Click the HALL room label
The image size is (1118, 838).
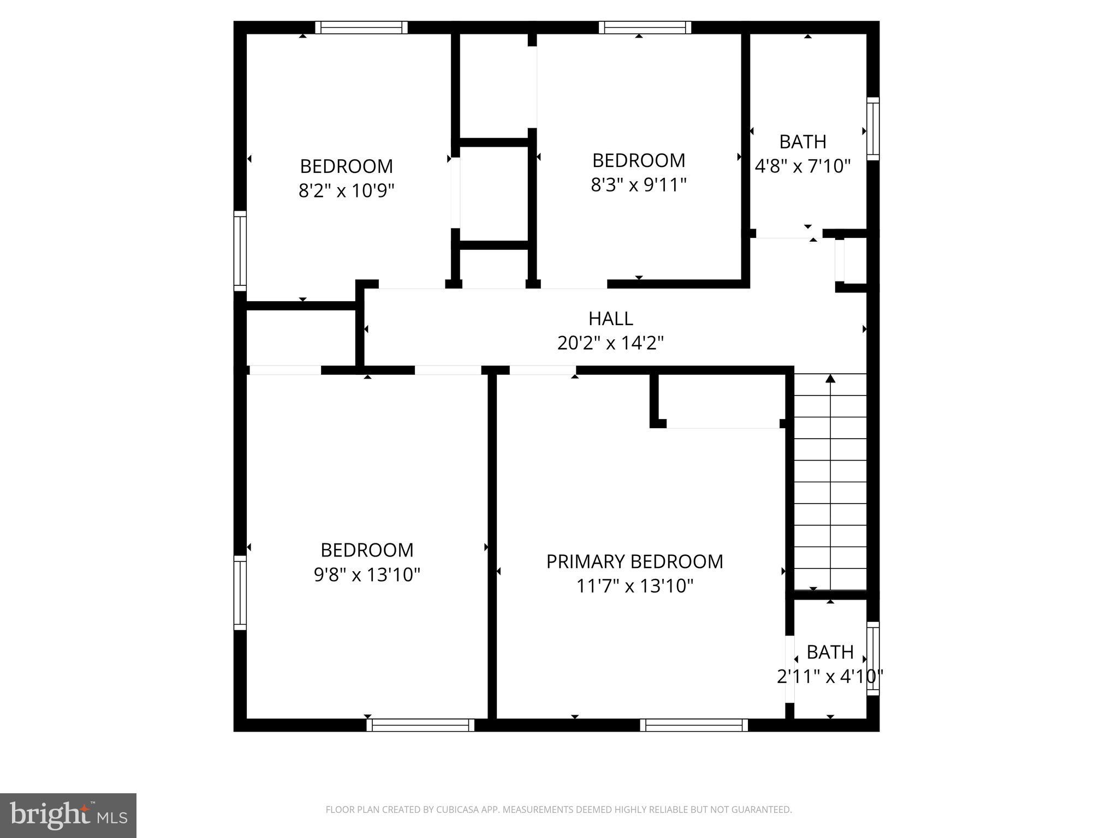610,318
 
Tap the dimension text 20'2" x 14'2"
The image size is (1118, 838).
610,343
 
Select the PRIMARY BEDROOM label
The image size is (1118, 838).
634,561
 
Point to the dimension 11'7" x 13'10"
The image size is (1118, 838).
634,586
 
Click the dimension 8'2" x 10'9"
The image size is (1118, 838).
346,191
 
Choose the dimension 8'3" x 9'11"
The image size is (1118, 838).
638,185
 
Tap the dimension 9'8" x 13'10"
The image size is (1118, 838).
367,575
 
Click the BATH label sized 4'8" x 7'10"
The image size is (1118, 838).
802,142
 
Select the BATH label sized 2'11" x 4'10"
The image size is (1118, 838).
830,652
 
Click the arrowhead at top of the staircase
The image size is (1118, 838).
830,378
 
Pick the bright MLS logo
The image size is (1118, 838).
68,816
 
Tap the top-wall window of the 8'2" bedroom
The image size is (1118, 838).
361,27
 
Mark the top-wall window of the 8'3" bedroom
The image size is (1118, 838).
645,27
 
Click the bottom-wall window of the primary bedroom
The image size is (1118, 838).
694,725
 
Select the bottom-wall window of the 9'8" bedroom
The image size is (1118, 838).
420,725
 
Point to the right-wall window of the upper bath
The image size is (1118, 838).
873,129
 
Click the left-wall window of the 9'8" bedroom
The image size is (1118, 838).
240,592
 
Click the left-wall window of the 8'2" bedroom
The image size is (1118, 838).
240,250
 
